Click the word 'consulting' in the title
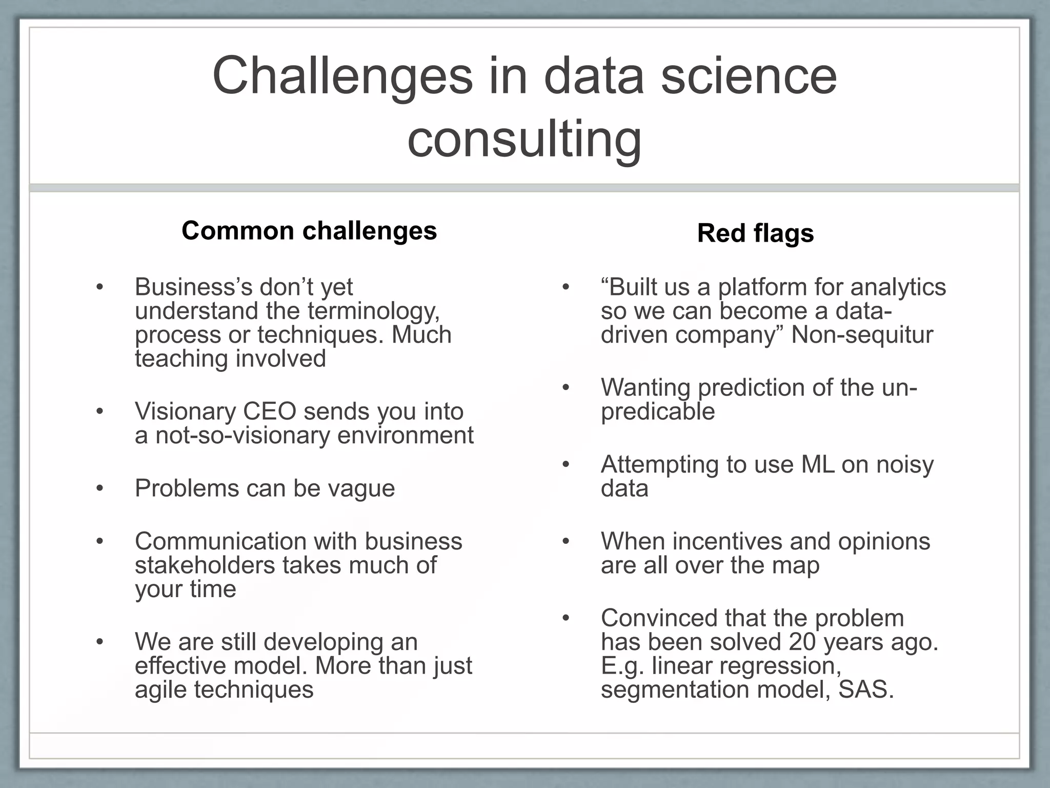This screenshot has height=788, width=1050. [x=524, y=140]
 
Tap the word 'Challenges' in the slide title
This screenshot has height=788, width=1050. [x=342, y=76]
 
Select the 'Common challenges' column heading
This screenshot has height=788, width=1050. [x=309, y=230]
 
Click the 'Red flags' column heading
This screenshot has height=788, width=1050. [x=755, y=233]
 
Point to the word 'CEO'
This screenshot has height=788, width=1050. [x=269, y=411]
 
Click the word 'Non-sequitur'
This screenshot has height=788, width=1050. [x=862, y=335]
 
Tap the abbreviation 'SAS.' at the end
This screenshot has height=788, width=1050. [x=866, y=689]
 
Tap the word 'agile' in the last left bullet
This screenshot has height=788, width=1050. [x=161, y=689]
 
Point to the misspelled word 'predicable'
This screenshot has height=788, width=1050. [x=658, y=411]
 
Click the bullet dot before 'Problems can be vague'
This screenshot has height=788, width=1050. [x=100, y=488]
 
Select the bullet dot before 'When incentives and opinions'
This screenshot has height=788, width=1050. [x=566, y=541]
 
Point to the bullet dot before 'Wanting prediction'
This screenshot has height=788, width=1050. [x=566, y=387]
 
